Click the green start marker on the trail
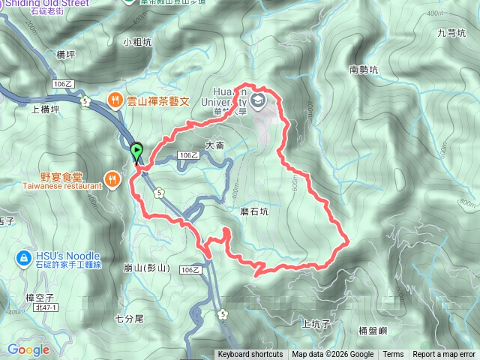click(136, 152)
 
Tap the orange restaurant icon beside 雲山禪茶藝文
click(115, 99)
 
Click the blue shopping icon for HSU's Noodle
click(22, 259)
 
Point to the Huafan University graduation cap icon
click(259, 99)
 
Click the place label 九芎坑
click(451, 33)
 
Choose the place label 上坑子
click(316, 323)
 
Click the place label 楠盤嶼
click(372, 330)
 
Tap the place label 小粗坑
click(137, 43)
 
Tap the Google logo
click(28, 349)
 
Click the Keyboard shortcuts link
click(250, 355)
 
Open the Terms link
click(393, 355)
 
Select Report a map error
click(444, 355)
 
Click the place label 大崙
click(214, 145)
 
